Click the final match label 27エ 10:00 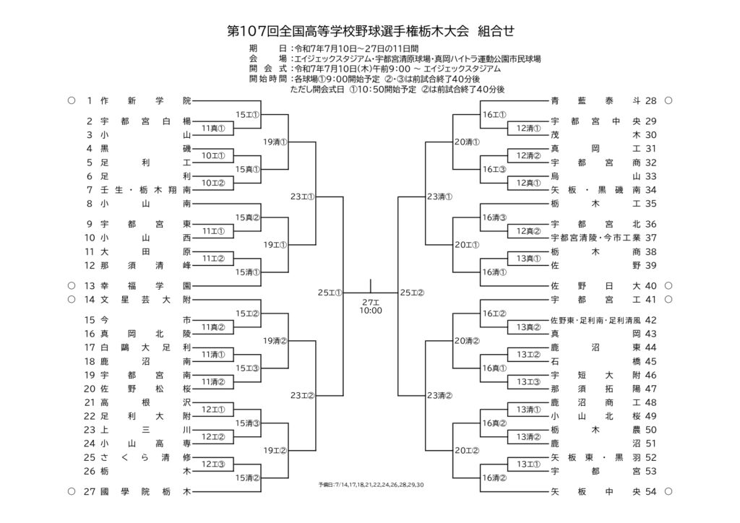[x=371, y=306]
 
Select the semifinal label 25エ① [x=330, y=293]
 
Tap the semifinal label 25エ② [x=412, y=293]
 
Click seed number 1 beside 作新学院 [x=90, y=101]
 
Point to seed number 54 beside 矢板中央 [x=651, y=492]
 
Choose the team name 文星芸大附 [x=145, y=300]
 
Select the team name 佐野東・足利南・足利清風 [x=595, y=321]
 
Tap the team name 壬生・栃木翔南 [x=145, y=190]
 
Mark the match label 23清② [x=439, y=396]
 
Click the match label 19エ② [x=275, y=450]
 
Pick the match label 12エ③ [x=213, y=464]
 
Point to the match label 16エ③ [x=494, y=169]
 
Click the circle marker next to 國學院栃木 [x=72, y=492]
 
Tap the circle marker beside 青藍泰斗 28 [x=668, y=101]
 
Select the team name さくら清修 [x=145, y=458]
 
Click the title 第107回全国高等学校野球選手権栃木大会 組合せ [x=371, y=32]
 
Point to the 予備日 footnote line [x=371, y=485]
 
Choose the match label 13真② [x=528, y=327]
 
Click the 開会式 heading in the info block [x=267, y=69]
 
